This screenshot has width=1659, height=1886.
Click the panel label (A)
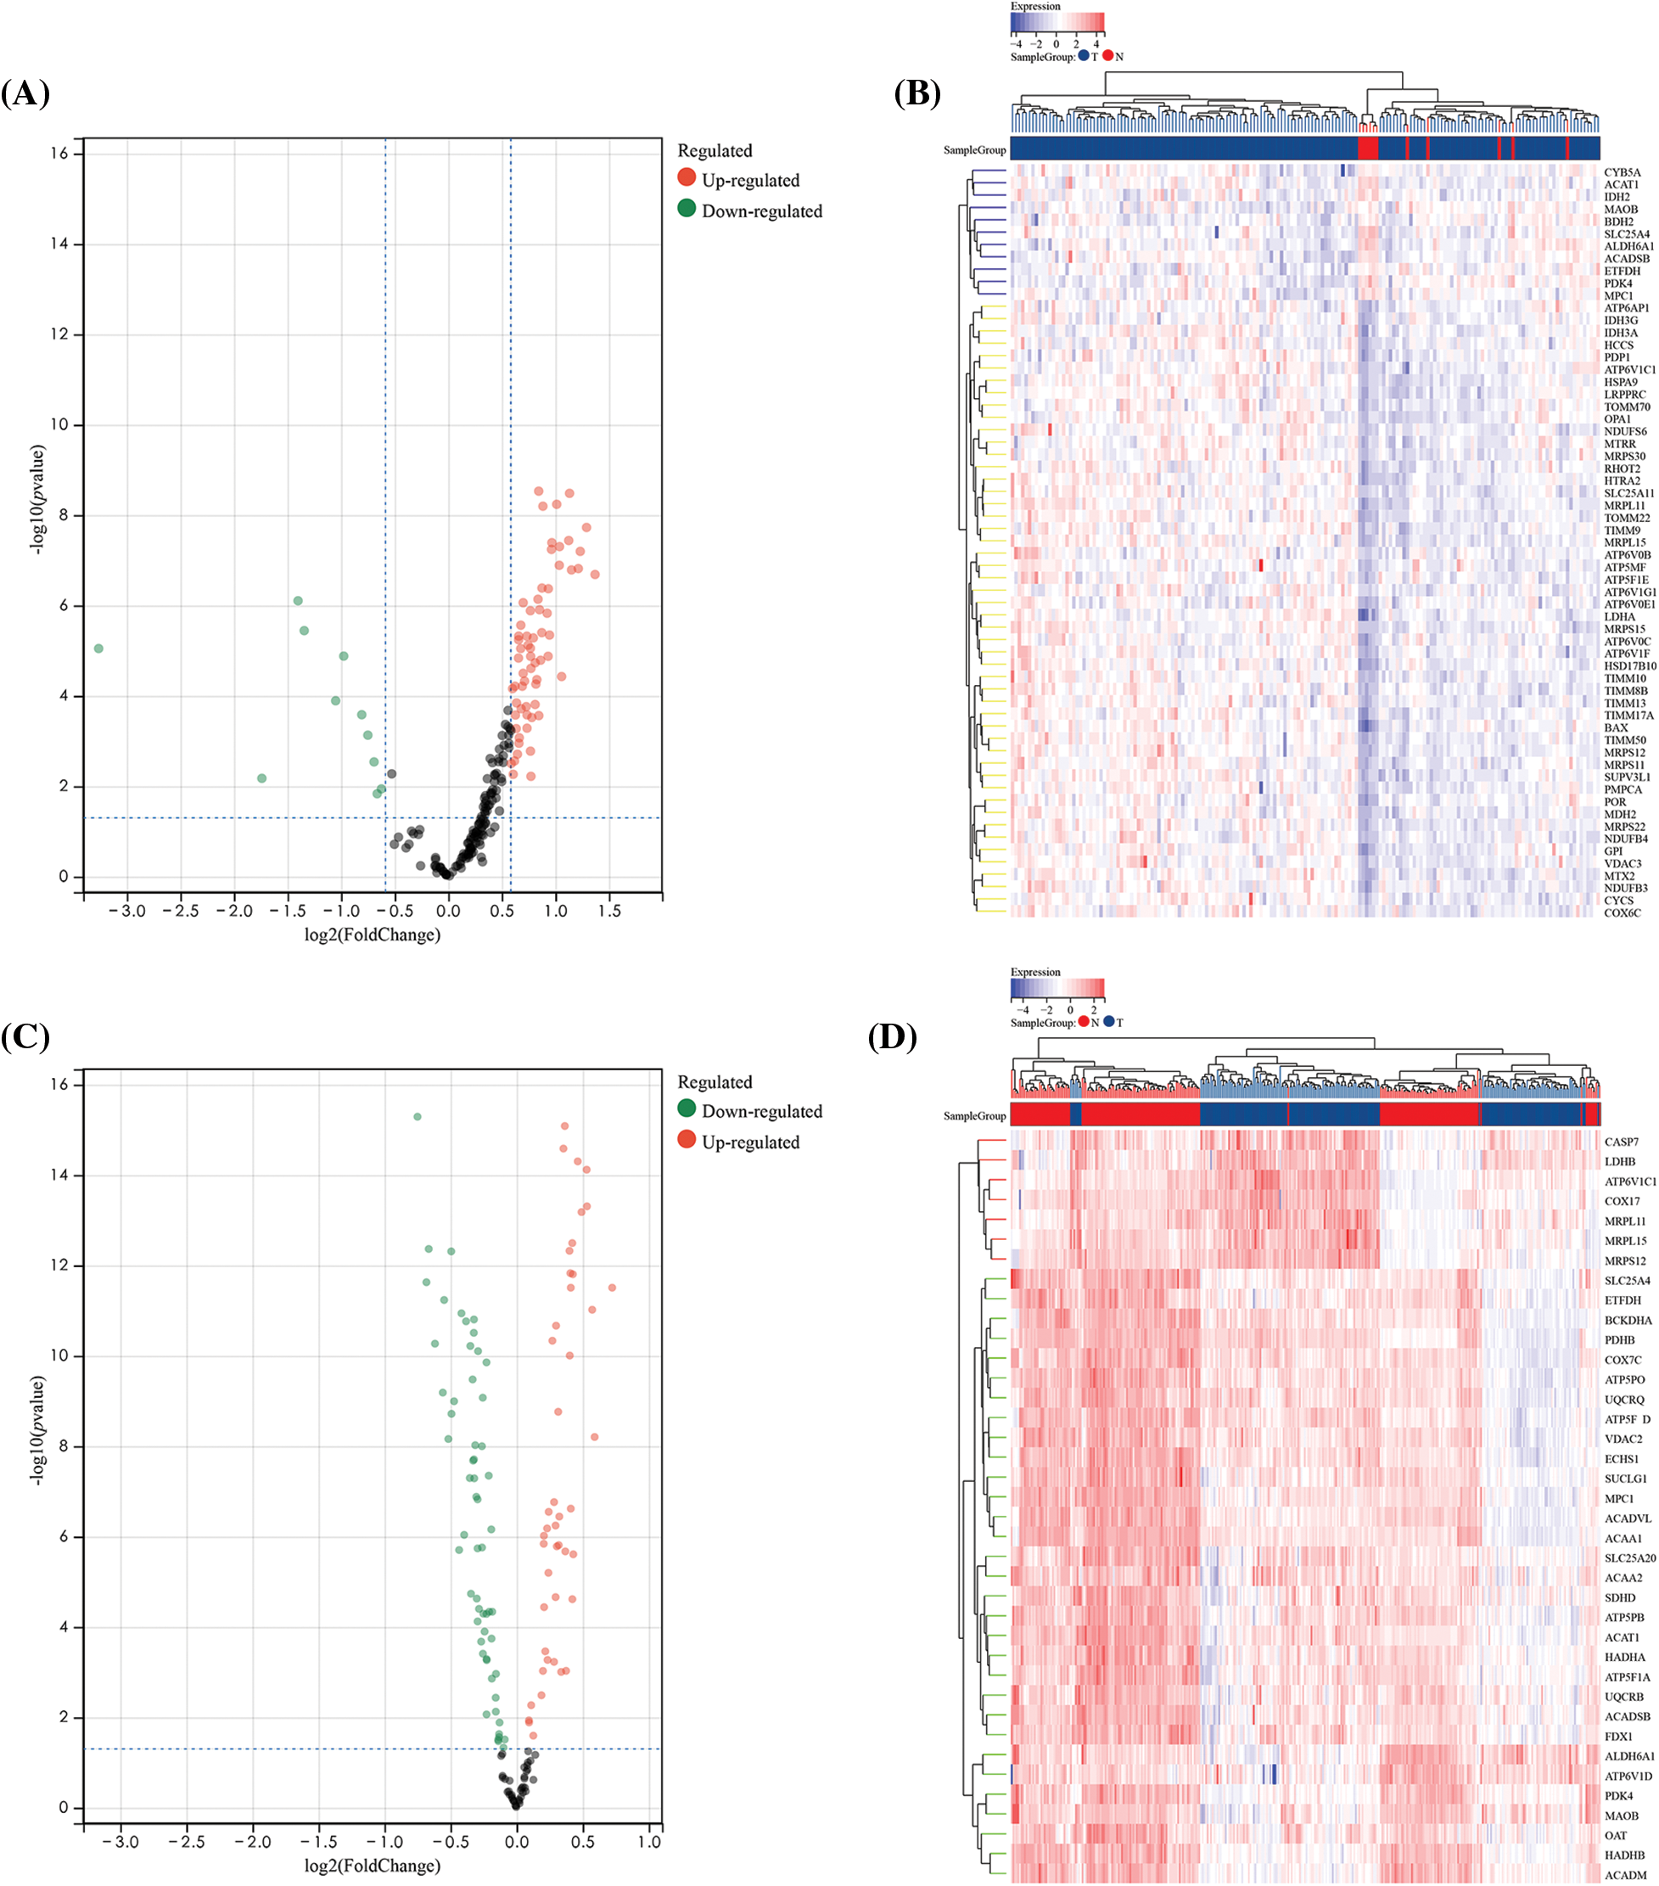25,93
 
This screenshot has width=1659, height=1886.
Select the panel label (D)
892,1036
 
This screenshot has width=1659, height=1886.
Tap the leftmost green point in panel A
98,648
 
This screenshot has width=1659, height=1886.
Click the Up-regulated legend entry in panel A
749,181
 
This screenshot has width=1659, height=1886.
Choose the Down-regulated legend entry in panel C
760,1111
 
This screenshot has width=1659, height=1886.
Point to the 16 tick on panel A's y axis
59,153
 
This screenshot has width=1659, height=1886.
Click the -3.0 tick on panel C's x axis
120,1842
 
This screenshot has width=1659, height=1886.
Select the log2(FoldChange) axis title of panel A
372,935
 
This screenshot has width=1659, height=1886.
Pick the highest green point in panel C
417,1116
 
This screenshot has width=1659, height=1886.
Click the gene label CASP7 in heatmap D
1621,1142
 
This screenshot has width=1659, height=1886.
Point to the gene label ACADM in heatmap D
1624,1875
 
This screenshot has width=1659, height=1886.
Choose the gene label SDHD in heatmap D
1619,1597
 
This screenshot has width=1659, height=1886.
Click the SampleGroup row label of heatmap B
973,150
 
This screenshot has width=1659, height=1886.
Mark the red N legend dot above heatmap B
1107,56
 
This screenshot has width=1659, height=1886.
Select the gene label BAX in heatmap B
1616,728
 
